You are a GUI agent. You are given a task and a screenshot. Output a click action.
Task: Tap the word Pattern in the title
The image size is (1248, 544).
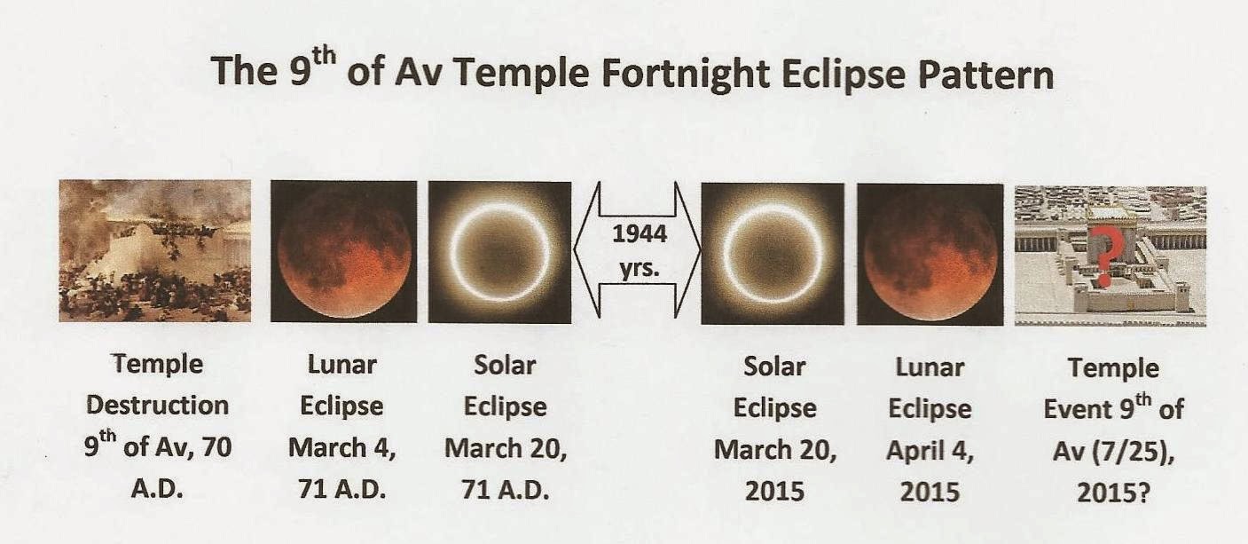[x=986, y=75]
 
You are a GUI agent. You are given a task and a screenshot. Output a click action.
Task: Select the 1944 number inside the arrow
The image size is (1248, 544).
[x=639, y=233]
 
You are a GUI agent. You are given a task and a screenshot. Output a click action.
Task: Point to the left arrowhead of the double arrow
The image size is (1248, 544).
[x=586, y=250]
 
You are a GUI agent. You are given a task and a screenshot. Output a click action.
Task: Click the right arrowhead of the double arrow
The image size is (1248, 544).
[x=687, y=250]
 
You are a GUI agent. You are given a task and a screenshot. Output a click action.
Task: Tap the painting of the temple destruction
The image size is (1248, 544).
[x=155, y=251]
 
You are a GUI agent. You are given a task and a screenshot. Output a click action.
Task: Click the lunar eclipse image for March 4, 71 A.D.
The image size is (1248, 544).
[x=344, y=251]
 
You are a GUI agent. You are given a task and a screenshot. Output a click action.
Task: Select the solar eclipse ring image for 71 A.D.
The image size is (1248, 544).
[x=499, y=252]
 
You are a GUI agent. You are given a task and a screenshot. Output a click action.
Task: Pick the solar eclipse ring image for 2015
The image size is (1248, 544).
[x=773, y=254]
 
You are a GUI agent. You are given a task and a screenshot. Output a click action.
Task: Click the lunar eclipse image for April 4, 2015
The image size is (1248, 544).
[x=930, y=255]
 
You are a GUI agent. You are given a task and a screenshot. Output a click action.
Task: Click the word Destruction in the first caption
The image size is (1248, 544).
[x=158, y=406]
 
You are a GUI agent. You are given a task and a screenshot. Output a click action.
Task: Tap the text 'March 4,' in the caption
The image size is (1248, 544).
[x=342, y=448]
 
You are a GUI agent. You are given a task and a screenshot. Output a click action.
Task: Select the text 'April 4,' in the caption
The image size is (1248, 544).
[x=930, y=450]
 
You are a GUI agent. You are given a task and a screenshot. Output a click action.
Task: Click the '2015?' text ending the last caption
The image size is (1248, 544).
[x=1113, y=493]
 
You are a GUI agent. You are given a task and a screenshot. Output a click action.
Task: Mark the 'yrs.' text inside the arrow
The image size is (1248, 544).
[x=639, y=269]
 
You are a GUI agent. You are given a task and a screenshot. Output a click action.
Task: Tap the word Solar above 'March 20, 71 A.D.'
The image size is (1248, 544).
[x=505, y=366]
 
